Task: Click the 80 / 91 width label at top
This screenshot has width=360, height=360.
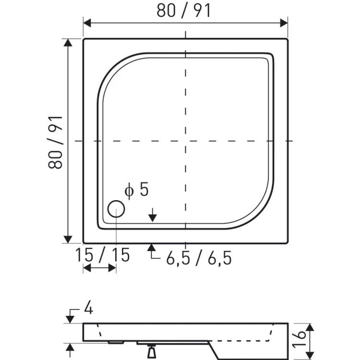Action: point(183,11)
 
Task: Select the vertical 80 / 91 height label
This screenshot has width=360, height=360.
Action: point(55,143)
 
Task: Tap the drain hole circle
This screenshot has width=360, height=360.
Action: point(116,209)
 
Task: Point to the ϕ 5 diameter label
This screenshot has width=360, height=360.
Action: point(137,190)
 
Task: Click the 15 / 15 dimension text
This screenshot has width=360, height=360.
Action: point(102,255)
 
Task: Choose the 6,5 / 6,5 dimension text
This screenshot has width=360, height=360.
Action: point(199,258)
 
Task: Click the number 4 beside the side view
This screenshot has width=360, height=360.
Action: point(88,308)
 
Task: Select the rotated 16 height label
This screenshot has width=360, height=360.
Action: point(300,339)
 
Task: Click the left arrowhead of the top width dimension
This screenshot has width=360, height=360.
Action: point(87,23)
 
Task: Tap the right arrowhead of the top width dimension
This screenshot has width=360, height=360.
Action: point(284,23)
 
